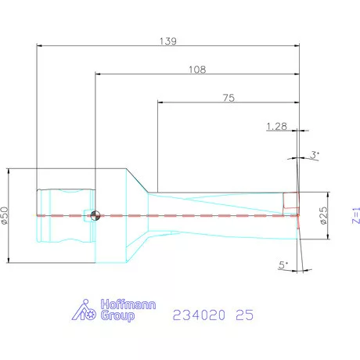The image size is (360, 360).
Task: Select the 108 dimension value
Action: coord(197,69)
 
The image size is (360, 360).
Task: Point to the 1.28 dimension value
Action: coord(277,126)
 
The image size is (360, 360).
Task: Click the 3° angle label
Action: coord(315,156)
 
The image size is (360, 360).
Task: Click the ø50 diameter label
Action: coord(5,216)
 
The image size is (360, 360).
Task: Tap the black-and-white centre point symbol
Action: coord(95,216)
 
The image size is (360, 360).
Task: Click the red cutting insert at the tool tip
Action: coord(291,202)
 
